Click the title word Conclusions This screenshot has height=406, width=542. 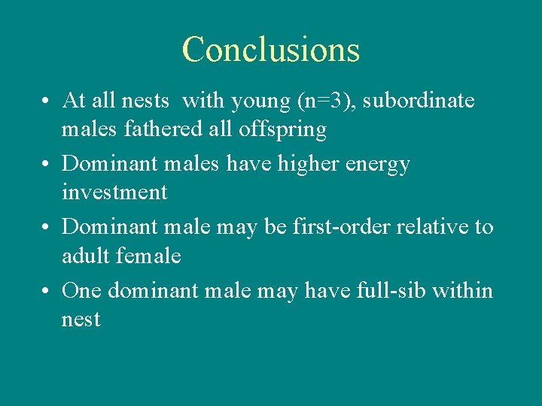[271, 50]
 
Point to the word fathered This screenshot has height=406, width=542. [174, 129]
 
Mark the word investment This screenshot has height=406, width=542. [114, 192]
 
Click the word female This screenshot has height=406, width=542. [148, 256]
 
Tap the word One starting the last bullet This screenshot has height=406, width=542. [81, 290]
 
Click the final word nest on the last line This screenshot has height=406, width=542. [81, 320]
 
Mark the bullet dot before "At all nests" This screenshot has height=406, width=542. [47, 101]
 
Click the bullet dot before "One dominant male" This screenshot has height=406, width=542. [47, 291]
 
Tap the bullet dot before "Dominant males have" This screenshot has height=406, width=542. [47, 165]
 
